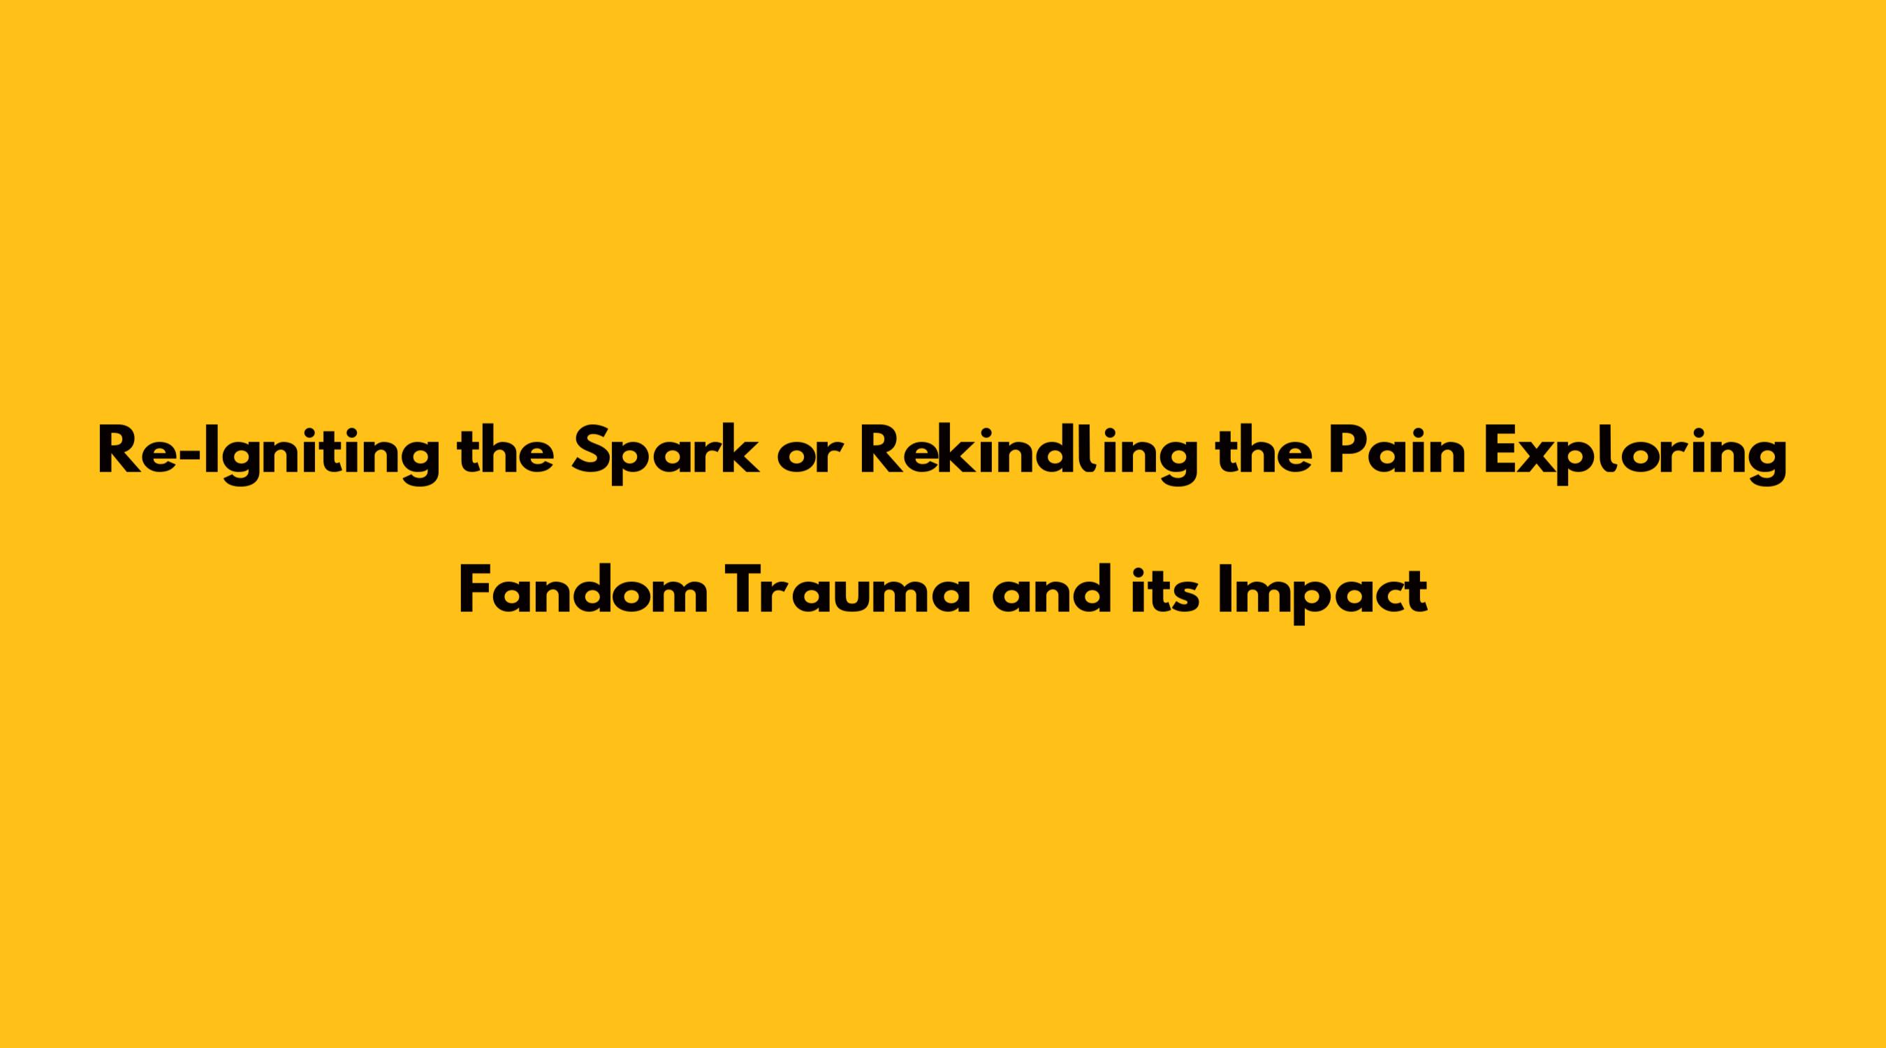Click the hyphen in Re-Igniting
click(x=188, y=456)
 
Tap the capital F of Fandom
click(x=476, y=590)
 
